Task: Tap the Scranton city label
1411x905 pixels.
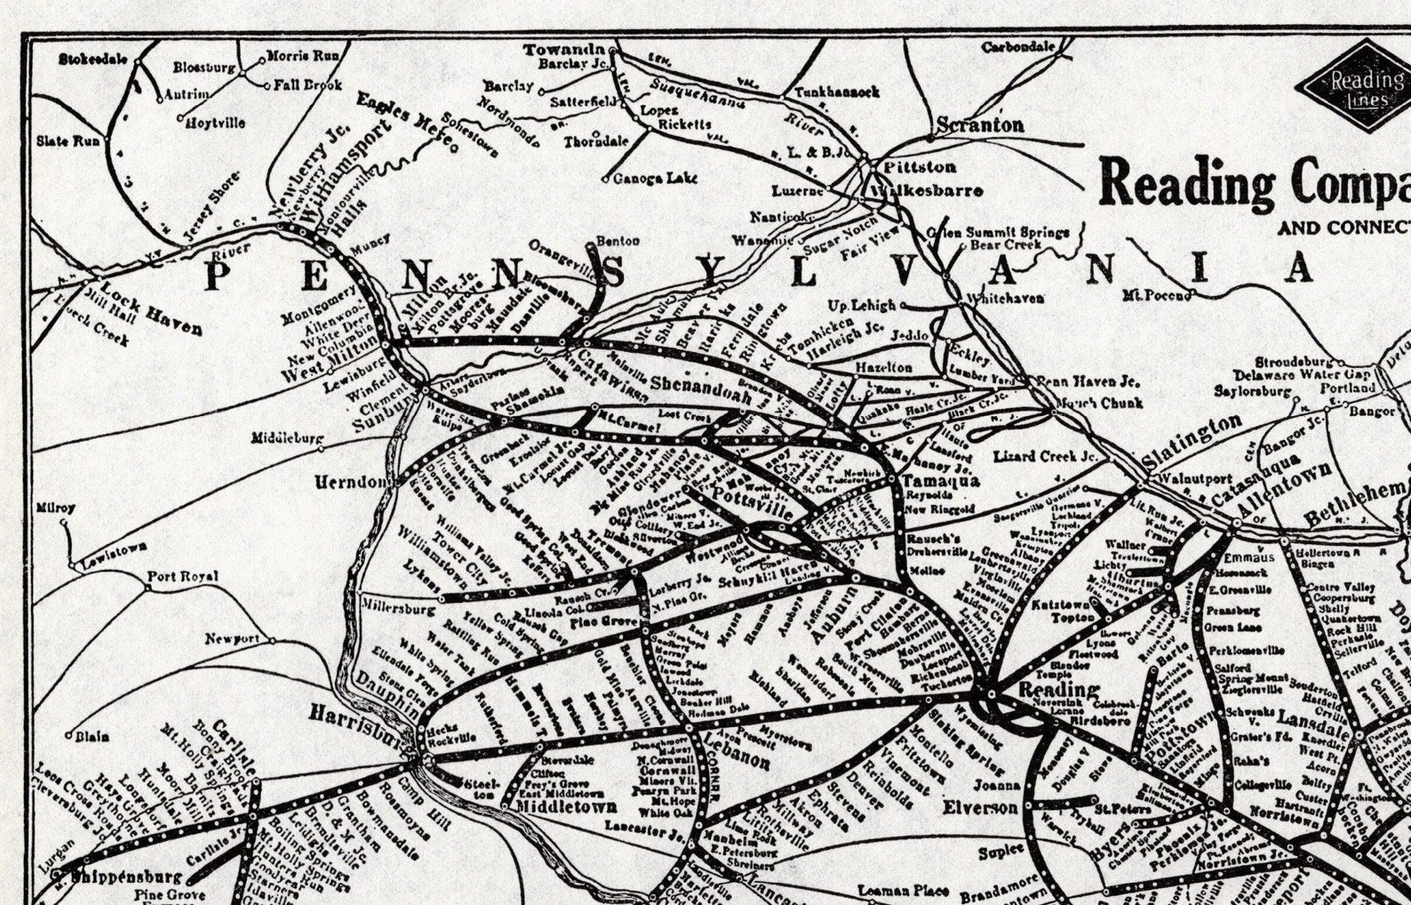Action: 980,125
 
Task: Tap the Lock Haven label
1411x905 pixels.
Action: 150,308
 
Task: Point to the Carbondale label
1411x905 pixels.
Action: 1018,47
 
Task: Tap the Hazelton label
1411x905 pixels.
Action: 883,366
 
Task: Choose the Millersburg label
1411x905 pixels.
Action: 399,610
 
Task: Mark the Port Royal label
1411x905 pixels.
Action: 183,576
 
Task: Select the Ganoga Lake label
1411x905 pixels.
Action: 655,179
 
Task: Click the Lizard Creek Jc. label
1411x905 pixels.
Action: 1045,456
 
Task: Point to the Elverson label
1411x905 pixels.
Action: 981,807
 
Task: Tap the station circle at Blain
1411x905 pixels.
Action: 68,735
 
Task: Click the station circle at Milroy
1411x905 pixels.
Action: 64,524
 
